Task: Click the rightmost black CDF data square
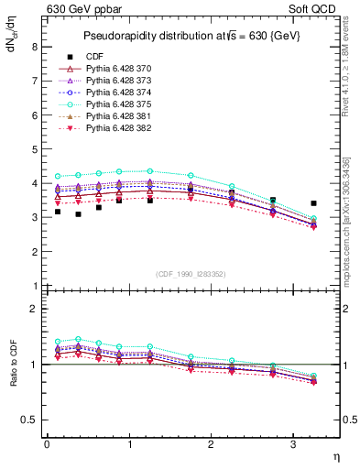pyautogui.click(x=313, y=203)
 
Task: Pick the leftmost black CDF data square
pyautogui.click(x=58, y=212)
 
